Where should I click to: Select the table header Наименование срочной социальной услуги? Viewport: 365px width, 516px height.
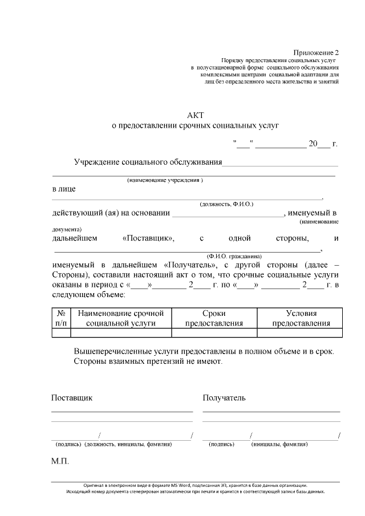pyautogui.click(x=120, y=318)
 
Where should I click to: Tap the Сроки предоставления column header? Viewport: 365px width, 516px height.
pyautogui.click(x=214, y=318)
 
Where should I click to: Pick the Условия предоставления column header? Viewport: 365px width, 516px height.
pyautogui.click(x=301, y=318)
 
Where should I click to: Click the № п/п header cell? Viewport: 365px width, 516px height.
pyautogui.click(x=60, y=318)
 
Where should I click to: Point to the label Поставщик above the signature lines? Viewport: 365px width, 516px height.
pyautogui.click(x=72, y=397)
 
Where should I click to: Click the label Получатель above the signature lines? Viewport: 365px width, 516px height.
pyautogui.click(x=224, y=397)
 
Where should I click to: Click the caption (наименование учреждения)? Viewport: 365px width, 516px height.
pyautogui.click(x=165, y=180)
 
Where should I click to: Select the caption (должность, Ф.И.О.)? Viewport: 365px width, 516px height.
pyautogui.click(x=226, y=204)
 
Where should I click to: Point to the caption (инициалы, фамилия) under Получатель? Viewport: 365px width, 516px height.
pyautogui.click(x=279, y=444)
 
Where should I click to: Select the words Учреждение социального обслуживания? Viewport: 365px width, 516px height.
pyautogui.click(x=148, y=162)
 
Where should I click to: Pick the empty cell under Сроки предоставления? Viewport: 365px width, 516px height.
pyautogui.click(x=214, y=333)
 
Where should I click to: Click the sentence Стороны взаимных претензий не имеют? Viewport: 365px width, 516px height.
pyautogui.click(x=148, y=361)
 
